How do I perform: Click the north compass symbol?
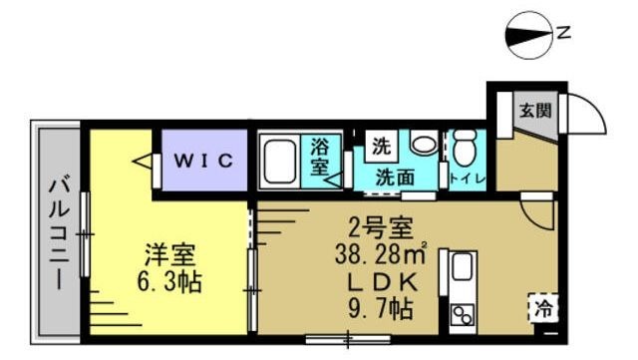point(529,34)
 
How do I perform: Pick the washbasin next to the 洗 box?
point(422,146)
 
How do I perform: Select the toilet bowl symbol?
point(464,149)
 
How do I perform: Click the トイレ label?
point(467,180)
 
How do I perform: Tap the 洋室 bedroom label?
point(166,254)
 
